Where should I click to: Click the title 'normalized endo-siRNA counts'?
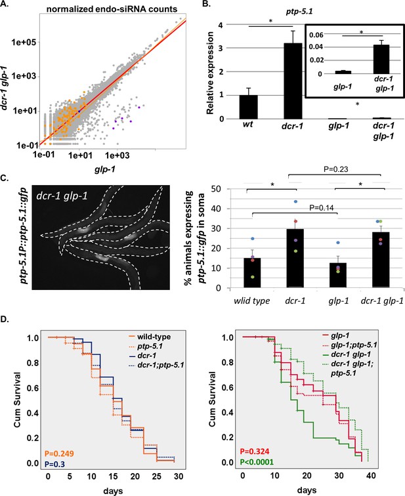tap(112, 9)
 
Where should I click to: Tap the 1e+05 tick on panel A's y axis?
tap(24, 42)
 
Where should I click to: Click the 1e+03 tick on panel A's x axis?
tap(117, 155)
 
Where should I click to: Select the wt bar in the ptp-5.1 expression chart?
tap(248, 107)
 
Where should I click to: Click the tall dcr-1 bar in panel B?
tap(293, 81)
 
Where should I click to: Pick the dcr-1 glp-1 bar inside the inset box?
tap(381, 59)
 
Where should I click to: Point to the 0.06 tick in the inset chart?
tap(316, 35)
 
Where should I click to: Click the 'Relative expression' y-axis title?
tap(210, 73)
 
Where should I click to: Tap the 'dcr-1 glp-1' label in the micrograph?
tap(62, 196)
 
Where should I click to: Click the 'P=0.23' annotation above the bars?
tap(335, 169)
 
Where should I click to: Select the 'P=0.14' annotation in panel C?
tap(322, 208)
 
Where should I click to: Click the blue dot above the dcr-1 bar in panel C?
tap(296, 201)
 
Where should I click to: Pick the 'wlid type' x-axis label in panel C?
tap(252, 300)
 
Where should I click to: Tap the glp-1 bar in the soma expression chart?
tap(338, 275)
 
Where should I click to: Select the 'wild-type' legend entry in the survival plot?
tap(150, 337)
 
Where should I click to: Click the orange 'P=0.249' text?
tap(59, 453)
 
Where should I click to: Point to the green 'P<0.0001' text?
tap(257, 462)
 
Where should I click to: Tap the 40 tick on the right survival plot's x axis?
tap(371, 476)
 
